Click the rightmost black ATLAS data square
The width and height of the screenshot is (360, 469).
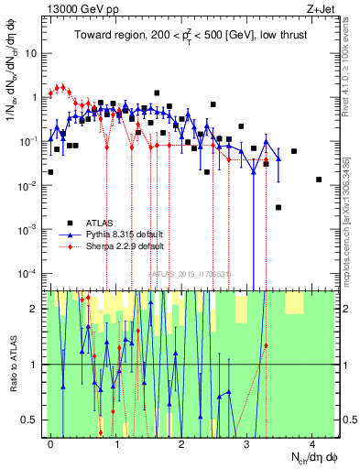[319, 180]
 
